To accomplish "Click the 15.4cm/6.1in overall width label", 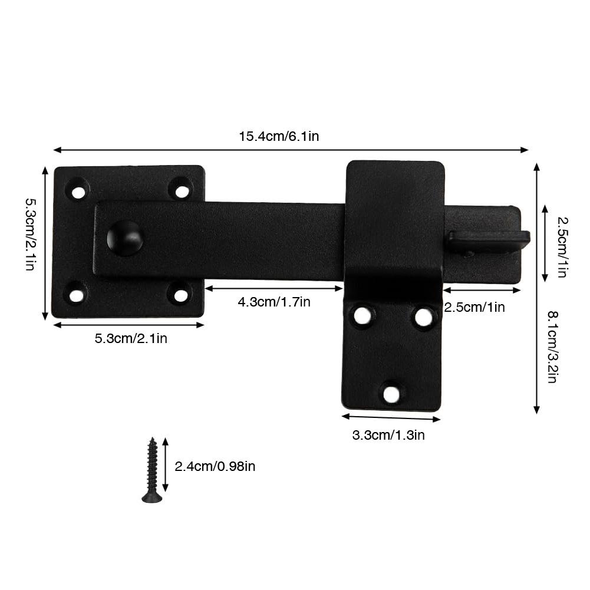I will click(x=279, y=136).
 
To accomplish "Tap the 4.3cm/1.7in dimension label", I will click(x=273, y=302).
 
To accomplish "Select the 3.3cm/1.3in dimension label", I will click(x=388, y=436).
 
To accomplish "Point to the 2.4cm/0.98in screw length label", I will click(x=215, y=466).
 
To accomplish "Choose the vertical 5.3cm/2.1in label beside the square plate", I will click(x=29, y=234).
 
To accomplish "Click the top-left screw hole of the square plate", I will click(x=78, y=191).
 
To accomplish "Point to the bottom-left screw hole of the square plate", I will click(x=76, y=295).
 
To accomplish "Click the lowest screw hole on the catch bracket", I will click(x=391, y=393).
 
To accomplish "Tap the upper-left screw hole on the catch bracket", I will click(x=362, y=316).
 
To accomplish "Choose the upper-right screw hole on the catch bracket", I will click(x=423, y=317).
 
